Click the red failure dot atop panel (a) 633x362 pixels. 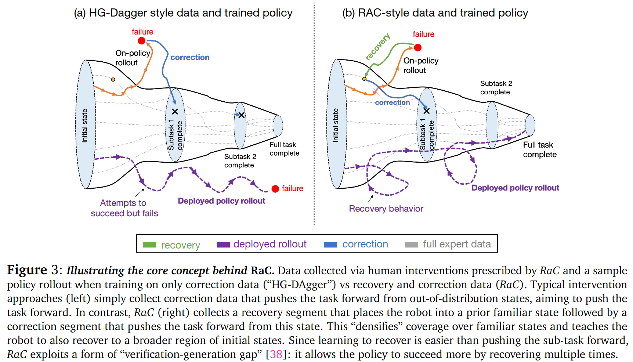pyautogui.click(x=142, y=41)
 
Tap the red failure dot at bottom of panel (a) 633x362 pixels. pyautogui.click(x=275, y=189)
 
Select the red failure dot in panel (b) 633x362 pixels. pyautogui.click(x=418, y=47)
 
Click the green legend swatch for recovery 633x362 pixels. pyautogui.click(x=149, y=245)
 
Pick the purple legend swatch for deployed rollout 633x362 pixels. pyautogui.click(x=223, y=245)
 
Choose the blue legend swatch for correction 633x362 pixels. pyautogui.click(x=330, y=245)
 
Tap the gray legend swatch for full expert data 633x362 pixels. pyautogui.click(x=412, y=245)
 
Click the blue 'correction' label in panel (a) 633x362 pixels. pyautogui.click(x=190, y=57)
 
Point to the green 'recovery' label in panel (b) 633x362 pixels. pyautogui.click(x=377, y=47)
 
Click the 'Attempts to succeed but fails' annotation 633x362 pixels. pyautogui.click(x=124, y=208)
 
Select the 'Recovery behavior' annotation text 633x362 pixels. pyautogui.click(x=386, y=209)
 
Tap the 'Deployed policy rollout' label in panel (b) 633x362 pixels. pyautogui.click(x=515, y=188)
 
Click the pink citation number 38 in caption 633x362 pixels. pyautogui.click(x=276, y=354)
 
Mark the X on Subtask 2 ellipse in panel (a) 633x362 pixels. pyautogui.click(x=241, y=115)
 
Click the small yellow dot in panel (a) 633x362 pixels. pyautogui.click(x=113, y=80)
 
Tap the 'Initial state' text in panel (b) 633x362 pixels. pyautogui.click(x=336, y=125)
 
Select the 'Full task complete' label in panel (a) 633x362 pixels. pyautogui.click(x=284, y=149)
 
